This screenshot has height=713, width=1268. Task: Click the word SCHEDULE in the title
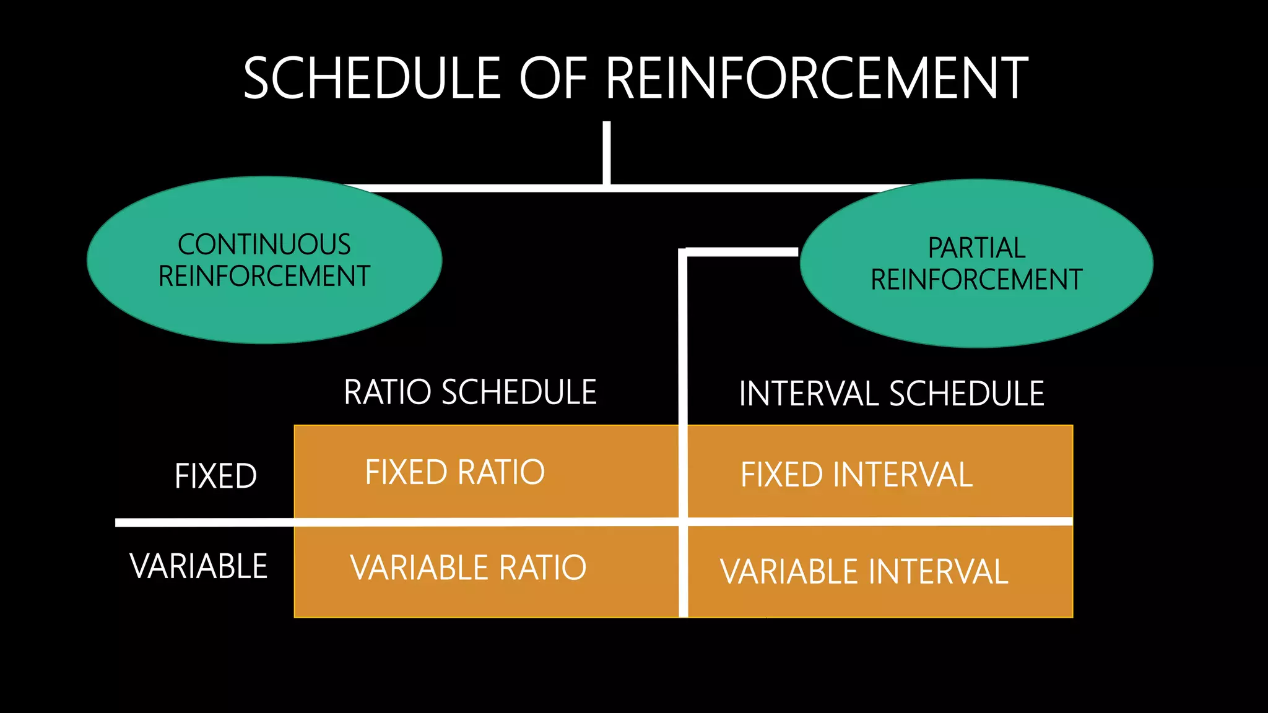371,78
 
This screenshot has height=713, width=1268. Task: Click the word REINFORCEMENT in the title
816,78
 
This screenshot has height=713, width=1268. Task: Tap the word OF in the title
553,78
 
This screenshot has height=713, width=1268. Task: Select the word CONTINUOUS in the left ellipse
264,244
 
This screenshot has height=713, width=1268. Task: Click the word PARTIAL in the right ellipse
976,248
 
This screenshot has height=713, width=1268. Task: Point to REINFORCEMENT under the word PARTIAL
976,280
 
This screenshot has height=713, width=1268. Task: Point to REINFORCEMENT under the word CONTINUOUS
264,277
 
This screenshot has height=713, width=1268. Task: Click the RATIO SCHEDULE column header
470,392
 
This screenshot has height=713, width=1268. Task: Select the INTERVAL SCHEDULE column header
892,394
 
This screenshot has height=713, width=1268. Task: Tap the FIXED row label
215,476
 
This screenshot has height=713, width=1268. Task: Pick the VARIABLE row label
199,566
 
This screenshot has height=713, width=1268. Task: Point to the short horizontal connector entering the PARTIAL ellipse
743,252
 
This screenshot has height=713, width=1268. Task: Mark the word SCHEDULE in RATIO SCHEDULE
519,392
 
